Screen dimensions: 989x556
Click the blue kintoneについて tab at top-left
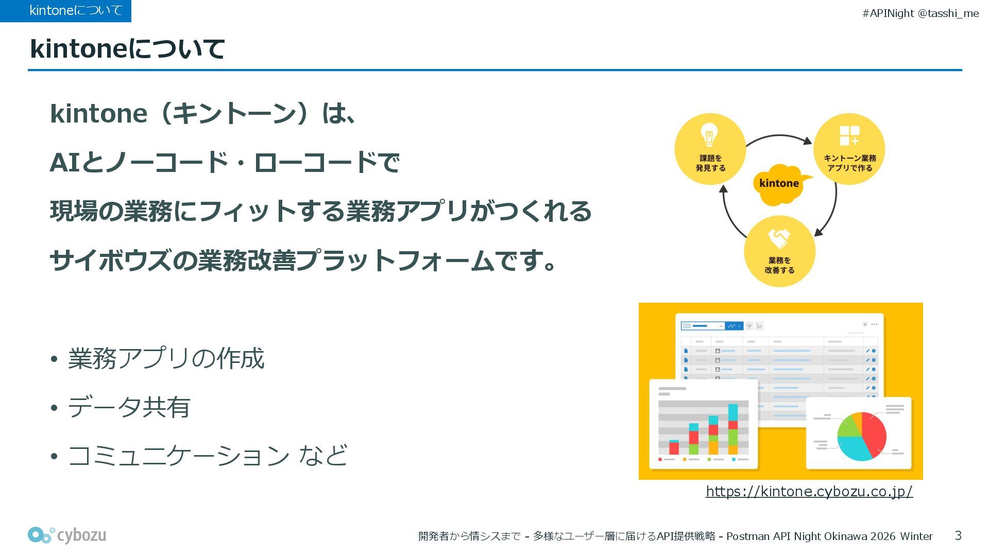65,11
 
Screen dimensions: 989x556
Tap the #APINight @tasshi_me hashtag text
920,13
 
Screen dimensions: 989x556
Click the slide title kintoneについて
127,49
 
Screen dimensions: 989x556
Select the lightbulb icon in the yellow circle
709,135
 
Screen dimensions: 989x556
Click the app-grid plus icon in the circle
849,135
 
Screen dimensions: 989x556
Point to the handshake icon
779,238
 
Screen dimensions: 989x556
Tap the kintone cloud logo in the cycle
780,183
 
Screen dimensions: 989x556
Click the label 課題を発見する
710,163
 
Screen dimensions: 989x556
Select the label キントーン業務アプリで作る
849,163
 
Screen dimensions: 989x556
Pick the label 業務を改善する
779,265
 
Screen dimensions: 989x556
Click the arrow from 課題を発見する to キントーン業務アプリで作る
779,137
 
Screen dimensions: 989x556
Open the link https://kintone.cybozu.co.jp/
809,492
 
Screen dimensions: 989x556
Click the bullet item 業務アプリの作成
166,358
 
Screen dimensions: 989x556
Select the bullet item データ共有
129,407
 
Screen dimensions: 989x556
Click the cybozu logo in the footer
67,535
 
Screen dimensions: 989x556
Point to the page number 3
958,536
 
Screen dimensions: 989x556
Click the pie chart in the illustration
861,436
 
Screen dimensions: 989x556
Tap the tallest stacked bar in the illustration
732,429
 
